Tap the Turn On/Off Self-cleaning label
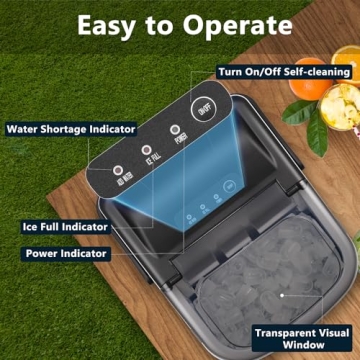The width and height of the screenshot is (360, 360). coord(285,72)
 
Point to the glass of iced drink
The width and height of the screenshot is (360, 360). coord(341,160)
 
